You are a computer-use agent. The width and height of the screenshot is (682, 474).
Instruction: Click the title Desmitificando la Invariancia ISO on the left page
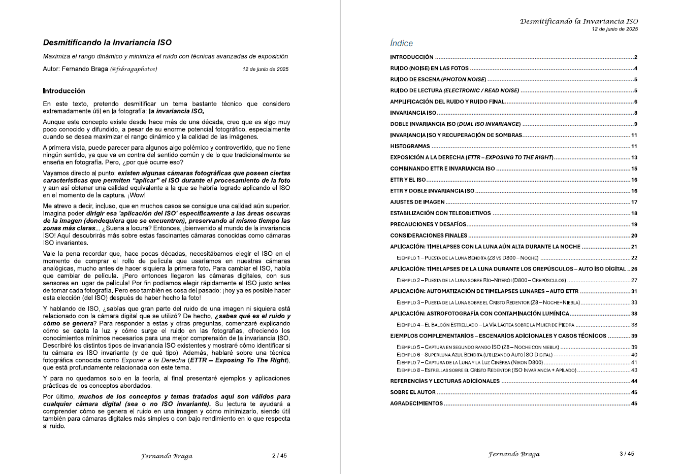click(107, 43)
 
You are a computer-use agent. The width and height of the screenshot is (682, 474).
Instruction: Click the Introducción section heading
click(64, 91)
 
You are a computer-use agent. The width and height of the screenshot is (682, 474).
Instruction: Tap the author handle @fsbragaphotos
click(134, 69)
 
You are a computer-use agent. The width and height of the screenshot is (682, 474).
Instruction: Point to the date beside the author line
click(265, 70)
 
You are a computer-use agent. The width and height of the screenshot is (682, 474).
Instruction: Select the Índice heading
click(401, 44)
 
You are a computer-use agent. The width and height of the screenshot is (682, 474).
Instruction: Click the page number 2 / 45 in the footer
click(279, 456)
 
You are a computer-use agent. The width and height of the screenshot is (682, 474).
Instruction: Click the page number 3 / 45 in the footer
click(627, 454)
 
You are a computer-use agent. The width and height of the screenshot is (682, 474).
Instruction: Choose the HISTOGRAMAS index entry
click(410, 146)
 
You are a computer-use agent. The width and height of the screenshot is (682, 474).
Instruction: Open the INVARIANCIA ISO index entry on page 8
click(413, 113)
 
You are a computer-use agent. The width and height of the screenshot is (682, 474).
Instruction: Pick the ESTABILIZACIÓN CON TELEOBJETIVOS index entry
click(440, 213)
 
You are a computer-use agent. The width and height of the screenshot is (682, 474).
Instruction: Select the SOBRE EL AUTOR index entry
click(413, 392)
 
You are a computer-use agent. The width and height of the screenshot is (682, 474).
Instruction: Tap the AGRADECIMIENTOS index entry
click(416, 403)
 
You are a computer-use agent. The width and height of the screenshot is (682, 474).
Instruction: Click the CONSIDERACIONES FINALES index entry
click(429, 235)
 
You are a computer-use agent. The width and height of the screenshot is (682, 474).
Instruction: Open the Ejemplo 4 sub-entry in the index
click(485, 325)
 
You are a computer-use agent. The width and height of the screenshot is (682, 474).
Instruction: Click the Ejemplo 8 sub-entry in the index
click(486, 370)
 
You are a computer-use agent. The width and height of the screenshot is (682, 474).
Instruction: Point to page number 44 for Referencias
click(634, 381)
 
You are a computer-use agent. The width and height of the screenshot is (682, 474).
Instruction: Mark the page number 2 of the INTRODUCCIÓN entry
click(635, 57)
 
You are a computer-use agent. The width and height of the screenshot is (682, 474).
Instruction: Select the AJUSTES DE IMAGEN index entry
click(417, 202)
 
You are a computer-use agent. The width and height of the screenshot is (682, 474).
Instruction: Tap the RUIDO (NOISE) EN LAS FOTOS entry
click(429, 69)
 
